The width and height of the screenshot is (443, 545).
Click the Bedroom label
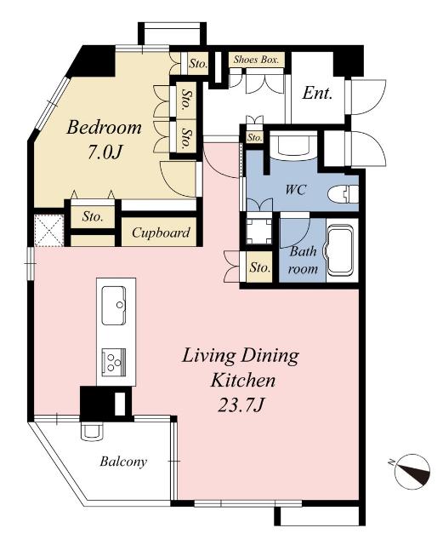coord(104,129)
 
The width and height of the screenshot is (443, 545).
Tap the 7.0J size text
coord(105,154)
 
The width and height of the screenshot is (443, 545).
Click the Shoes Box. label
coord(258,61)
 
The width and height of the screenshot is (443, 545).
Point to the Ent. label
coord(318,92)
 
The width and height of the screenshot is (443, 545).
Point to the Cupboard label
coord(161,232)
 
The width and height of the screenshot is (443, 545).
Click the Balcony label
coord(123,462)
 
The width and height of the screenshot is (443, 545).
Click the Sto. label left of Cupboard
coord(93,216)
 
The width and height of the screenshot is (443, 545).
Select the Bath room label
coord(303,260)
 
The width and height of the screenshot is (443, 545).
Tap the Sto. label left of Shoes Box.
coord(198,62)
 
